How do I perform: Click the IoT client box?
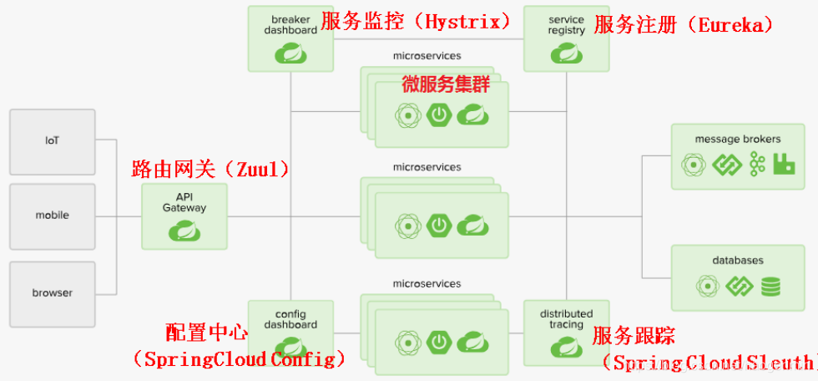(x=52, y=141)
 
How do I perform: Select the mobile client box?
(x=52, y=216)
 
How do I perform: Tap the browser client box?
(x=52, y=294)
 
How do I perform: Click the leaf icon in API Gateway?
(x=184, y=231)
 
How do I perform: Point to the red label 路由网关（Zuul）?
(x=210, y=169)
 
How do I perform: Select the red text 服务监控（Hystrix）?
(x=416, y=22)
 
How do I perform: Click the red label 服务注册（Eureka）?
(x=684, y=25)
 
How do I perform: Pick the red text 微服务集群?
(x=446, y=84)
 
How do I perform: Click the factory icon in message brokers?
(x=784, y=165)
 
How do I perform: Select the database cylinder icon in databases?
(x=770, y=287)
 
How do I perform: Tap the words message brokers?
(x=738, y=140)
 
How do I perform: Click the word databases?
(x=738, y=260)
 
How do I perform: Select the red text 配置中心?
(x=207, y=333)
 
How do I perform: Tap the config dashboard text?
(x=290, y=319)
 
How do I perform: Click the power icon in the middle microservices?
(x=439, y=225)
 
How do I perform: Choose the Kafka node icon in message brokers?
(x=757, y=165)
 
